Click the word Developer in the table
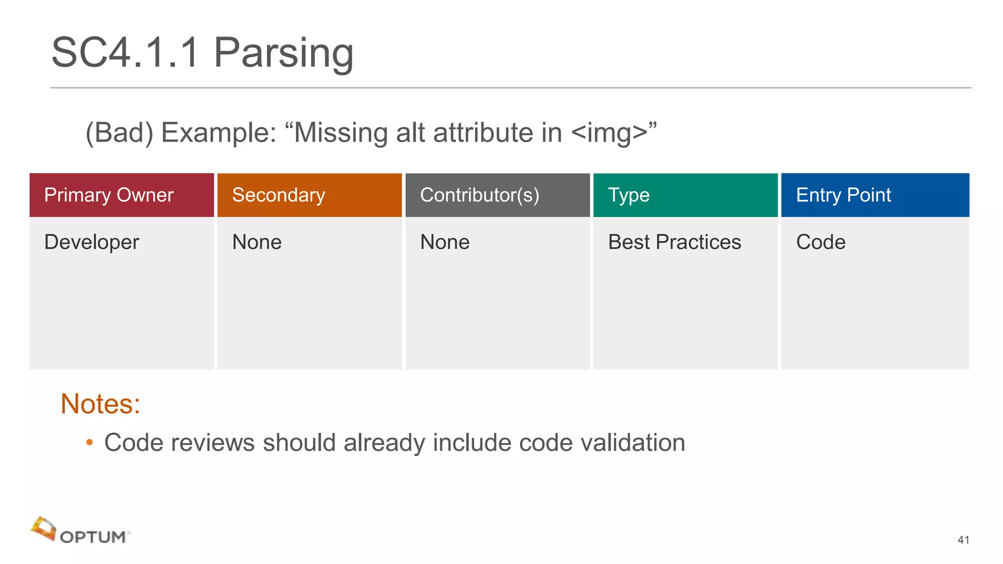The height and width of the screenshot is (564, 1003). (x=92, y=242)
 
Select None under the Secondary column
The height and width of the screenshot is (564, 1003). (x=257, y=242)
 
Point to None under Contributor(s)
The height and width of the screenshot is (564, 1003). (x=445, y=242)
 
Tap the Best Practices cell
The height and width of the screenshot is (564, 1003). (x=674, y=242)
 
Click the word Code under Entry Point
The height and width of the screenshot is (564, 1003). (x=821, y=242)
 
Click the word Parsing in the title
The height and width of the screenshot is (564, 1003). (x=284, y=53)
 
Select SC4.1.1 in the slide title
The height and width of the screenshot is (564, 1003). (x=125, y=53)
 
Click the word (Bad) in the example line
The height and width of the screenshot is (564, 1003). (x=119, y=133)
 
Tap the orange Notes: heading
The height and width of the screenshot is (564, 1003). (x=100, y=404)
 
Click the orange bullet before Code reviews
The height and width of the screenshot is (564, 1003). (x=89, y=443)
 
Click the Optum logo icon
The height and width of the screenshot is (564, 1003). (x=44, y=529)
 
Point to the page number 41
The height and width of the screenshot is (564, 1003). (x=963, y=540)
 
